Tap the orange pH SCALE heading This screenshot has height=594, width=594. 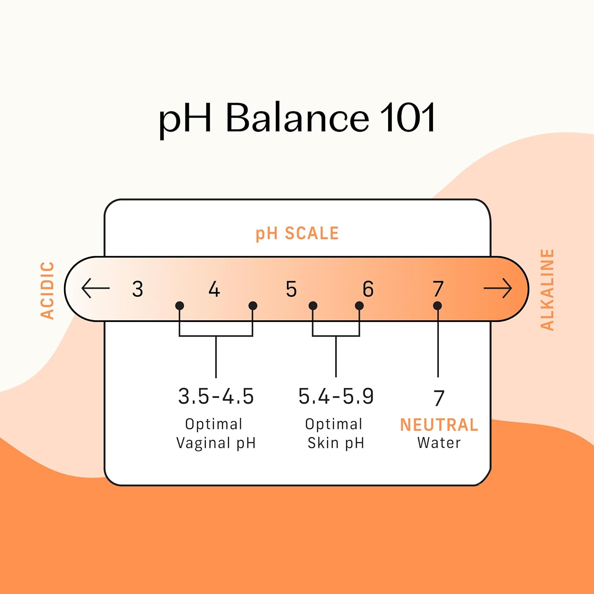click(297, 233)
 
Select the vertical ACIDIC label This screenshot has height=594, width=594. click(48, 290)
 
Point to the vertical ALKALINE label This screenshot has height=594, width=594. click(547, 289)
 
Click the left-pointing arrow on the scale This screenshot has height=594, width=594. click(95, 288)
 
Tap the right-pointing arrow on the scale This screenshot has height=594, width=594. click(498, 288)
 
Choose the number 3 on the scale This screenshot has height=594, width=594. click(137, 289)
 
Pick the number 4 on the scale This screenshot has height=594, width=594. click(214, 289)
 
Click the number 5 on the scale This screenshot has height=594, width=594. click(291, 289)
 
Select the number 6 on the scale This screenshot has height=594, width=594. click(368, 289)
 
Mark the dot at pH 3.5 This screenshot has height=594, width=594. click(179, 306)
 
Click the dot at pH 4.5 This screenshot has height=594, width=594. click(253, 306)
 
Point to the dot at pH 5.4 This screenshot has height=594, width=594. click(313, 306)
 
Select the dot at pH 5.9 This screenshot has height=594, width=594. click(359, 306)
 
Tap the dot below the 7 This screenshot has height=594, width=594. click(438, 306)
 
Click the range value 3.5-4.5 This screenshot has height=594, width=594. click(216, 396)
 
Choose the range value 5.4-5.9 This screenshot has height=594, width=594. click(336, 396)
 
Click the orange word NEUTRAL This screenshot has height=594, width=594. click(439, 425)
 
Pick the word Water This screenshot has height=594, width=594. click(439, 443)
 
